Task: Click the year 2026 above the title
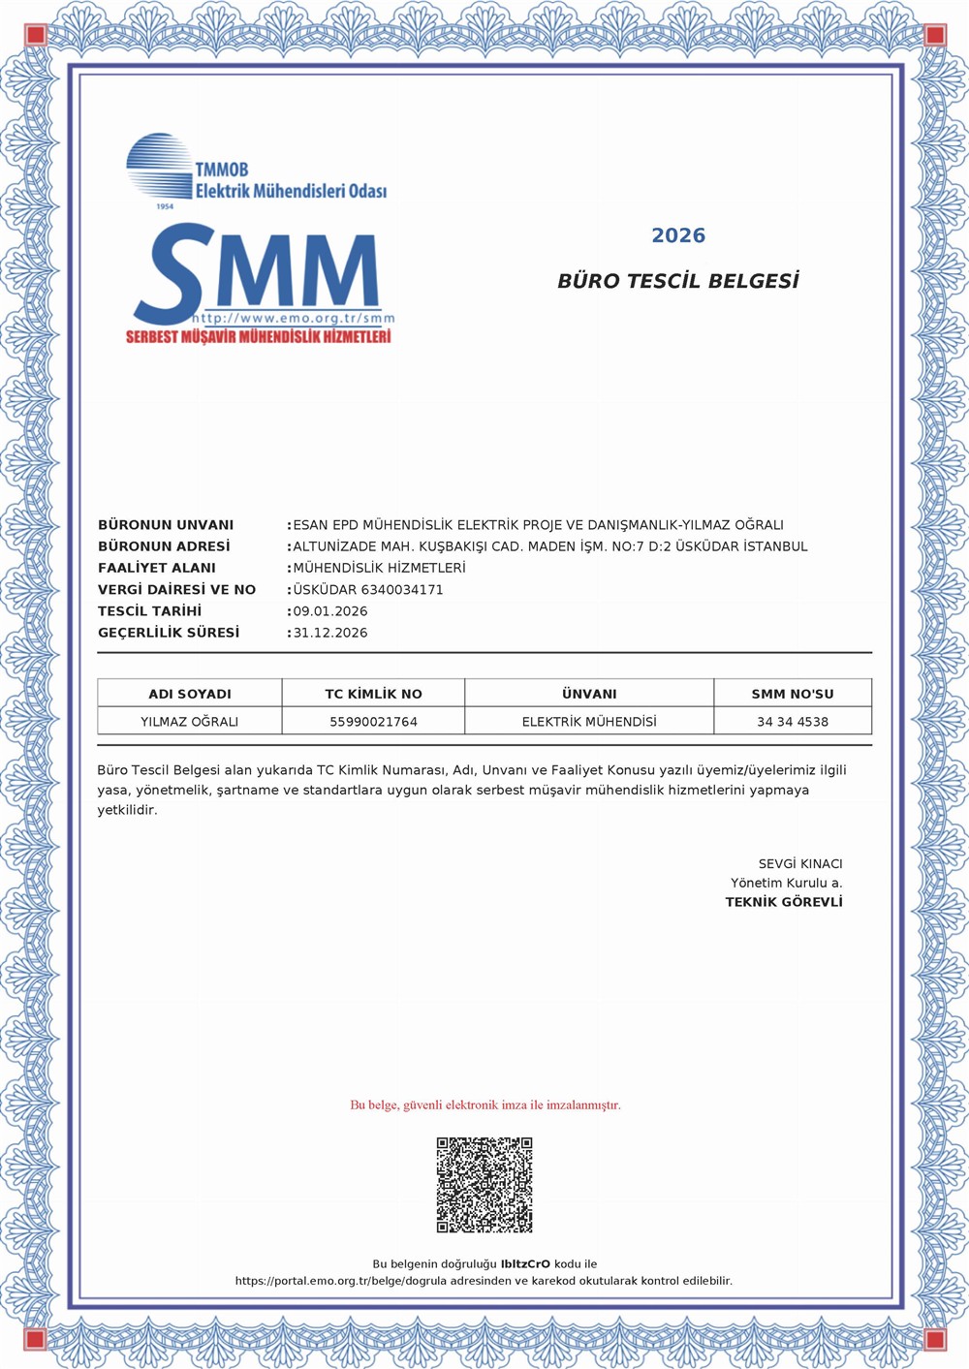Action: (x=678, y=235)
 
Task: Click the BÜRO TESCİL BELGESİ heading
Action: (x=678, y=281)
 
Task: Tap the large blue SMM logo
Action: (x=262, y=274)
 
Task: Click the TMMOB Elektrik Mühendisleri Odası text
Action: (x=291, y=181)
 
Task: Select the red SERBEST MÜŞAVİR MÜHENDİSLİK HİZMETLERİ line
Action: (x=259, y=337)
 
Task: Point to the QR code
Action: (x=484, y=1185)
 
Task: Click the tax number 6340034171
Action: (x=402, y=589)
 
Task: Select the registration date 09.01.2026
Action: (x=330, y=611)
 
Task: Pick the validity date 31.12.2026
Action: (x=330, y=633)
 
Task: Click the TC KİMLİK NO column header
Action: (x=373, y=694)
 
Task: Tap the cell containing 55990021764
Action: (x=373, y=722)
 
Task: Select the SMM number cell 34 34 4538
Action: (x=793, y=722)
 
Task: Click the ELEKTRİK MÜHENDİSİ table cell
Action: (x=589, y=722)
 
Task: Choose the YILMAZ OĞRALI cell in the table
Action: (x=190, y=722)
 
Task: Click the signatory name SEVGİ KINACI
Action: (x=800, y=863)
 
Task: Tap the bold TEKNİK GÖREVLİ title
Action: (x=784, y=902)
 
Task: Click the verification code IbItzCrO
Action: (x=525, y=1263)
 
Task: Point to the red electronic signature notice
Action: (x=485, y=1105)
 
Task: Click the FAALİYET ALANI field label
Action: (x=157, y=568)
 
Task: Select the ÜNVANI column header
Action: (x=589, y=694)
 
